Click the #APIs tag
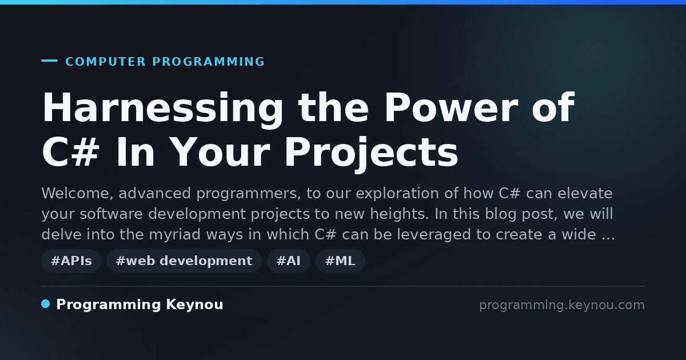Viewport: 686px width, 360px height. click(x=71, y=261)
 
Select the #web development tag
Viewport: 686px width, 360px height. click(x=184, y=261)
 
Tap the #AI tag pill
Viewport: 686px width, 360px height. click(x=289, y=261)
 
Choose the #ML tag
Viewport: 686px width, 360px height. click(x=340, y=261)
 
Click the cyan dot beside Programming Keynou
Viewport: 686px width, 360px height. click(x=46, y=304)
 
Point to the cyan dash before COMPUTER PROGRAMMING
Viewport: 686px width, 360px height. click(x=49, y=61)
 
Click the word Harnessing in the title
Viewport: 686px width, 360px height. click(x=163, y=109)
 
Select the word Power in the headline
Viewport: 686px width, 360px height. click(x=451, y=107)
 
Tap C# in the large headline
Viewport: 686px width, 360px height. click(x=71, y=152)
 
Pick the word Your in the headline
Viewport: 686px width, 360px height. click(x=220, y=152)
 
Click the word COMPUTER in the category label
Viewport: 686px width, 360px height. click(x=105, y=62)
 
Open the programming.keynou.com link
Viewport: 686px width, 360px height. click(x=562, y=305)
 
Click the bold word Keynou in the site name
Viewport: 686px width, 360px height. click(x=194, y=305)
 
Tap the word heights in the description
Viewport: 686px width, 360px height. click(x=400, y=214)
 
